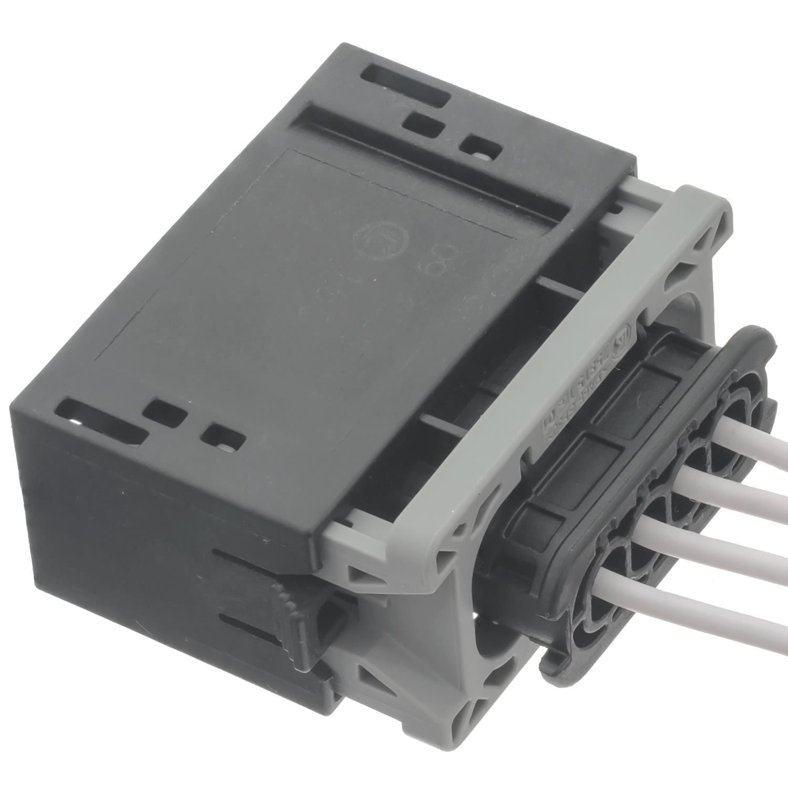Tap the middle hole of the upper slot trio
(425, 126)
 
